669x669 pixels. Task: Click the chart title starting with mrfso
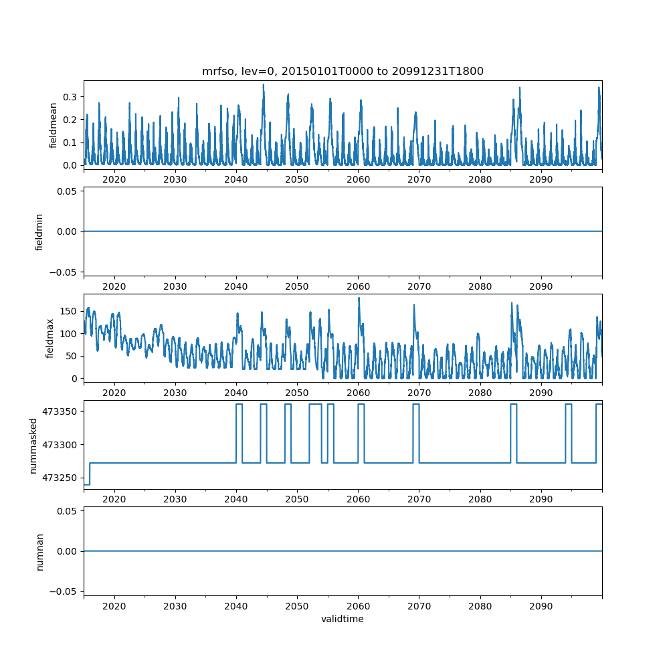(x=343, y=71)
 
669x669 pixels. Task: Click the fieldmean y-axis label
(x=53, y=125)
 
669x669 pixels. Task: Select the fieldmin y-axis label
(x=39, y=231)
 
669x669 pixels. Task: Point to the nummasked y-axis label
(x=33, y=446)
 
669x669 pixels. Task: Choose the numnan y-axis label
(x=39, y=551)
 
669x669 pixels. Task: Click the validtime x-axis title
(x=343, y=619)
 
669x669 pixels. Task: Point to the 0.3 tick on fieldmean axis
(x=70, y=97)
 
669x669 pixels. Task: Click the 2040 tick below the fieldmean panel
(x=236, y=179)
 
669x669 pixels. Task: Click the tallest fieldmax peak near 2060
(x=359, y=298)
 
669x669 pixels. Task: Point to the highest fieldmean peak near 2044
(x=264, y=85)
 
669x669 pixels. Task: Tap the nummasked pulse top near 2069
(x=416, y=404)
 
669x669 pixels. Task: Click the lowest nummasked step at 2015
(x=86, y=484)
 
